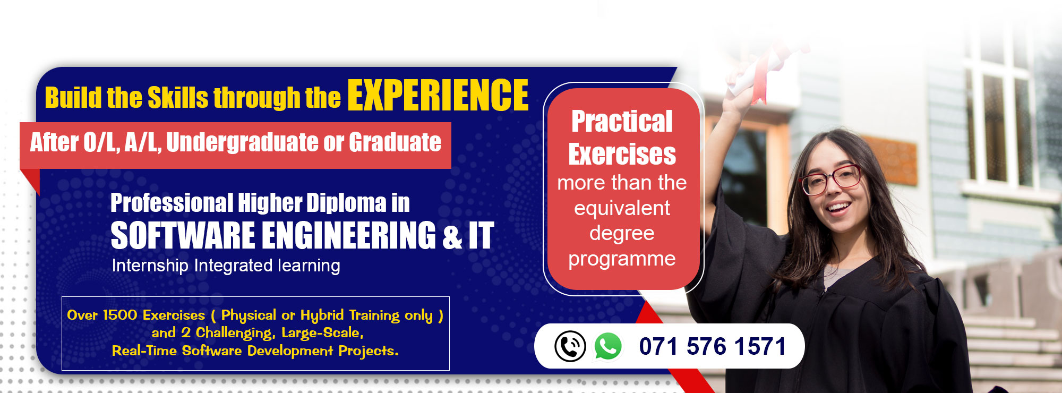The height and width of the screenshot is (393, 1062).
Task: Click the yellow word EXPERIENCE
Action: pos(438,96)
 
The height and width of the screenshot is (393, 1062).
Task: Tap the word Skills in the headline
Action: pos(178,98)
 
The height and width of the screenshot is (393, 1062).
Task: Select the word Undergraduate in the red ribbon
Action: pos(242,143)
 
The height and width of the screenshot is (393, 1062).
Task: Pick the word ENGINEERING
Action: pos(349,235)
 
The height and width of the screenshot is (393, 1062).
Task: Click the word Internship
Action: pos(150,266)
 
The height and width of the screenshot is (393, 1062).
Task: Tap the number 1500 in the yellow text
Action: pos(120,315)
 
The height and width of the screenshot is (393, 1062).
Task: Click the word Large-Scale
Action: pos(322,333)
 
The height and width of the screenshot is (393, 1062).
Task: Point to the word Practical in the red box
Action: pos(622,122)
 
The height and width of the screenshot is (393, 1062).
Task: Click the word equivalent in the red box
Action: pos(622,208)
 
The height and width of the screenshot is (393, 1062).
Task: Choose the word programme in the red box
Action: pos(622,259)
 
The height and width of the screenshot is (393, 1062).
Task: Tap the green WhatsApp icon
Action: pos(608,346)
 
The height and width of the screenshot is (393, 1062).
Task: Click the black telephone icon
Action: pos(570,346)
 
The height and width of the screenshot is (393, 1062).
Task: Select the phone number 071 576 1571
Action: pos(712,346)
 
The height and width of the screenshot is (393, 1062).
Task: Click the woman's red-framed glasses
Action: pos(830,180)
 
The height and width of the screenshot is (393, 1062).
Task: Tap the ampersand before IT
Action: pos(452,236)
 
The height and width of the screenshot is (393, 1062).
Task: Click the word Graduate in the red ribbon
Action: pos(395,143)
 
